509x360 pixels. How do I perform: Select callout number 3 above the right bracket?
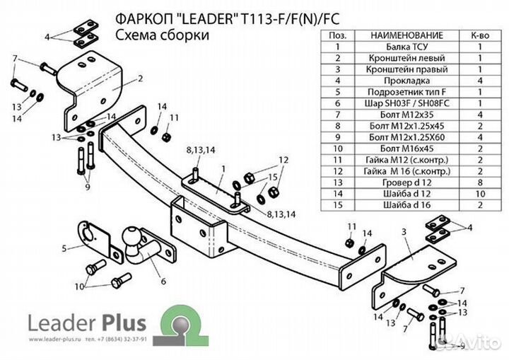point(404,231)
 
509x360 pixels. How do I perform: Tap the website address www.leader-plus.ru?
point(54,339)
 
